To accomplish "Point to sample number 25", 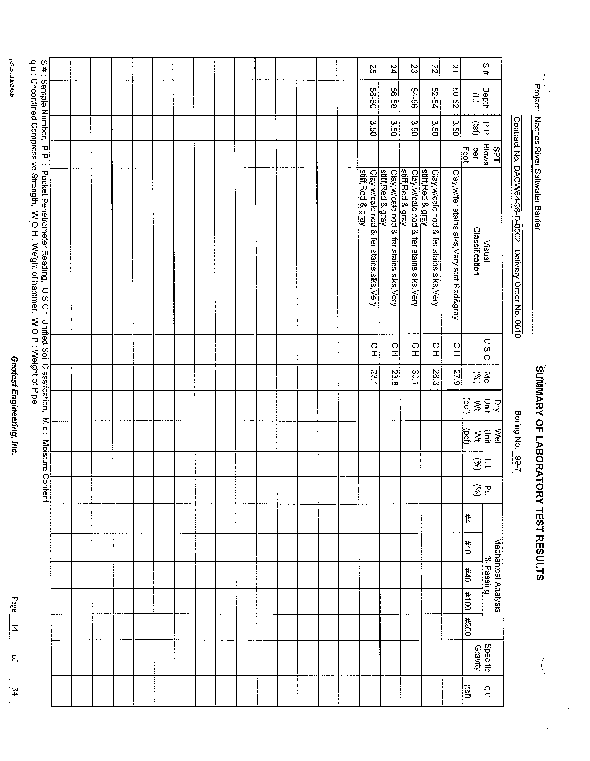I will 374,69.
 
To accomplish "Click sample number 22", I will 435,69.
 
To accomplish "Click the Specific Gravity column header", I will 483,658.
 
